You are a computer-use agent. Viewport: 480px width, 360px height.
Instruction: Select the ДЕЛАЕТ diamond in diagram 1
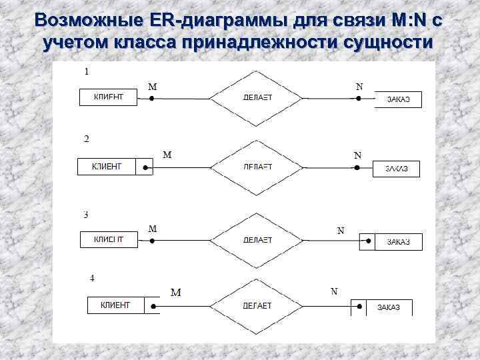tap(257, 97)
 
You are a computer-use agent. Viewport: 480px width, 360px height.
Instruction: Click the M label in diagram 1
tap(152, 86)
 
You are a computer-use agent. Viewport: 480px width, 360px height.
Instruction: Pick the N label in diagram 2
tap(357, 155)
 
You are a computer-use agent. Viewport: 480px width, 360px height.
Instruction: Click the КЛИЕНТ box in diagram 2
tap(107, 166)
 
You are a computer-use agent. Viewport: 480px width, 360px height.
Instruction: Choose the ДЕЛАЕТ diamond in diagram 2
tap(257, 166)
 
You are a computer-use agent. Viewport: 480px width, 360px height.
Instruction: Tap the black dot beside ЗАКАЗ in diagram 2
tap(358, 167)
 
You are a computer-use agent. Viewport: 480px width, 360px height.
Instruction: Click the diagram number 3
tap(85, 215)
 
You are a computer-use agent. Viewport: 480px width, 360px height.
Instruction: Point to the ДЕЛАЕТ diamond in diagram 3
tap(257, 239)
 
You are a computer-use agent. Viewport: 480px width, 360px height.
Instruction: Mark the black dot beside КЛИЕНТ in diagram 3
tap(152, 239)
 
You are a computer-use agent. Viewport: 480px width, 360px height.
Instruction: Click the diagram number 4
tap(92, 277)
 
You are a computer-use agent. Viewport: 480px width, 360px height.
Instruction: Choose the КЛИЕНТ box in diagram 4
tap(115, 305)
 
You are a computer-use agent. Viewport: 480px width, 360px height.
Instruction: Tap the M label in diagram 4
tap(175, 292)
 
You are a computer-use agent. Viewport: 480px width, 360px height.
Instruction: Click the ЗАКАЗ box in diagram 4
tap(389, 307)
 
